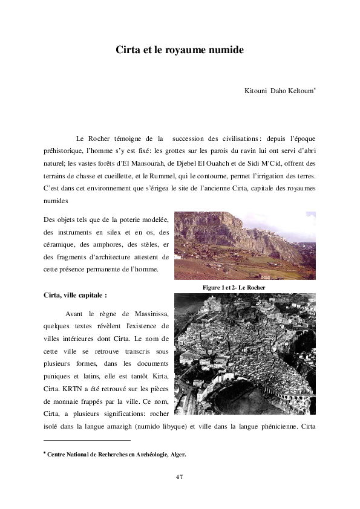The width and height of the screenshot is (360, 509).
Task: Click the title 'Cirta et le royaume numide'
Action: click(180, 50)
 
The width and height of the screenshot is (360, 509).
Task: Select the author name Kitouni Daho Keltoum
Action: click(279, 91)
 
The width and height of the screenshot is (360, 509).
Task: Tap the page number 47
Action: click(180, 477)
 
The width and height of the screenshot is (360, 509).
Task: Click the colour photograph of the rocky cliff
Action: click(244, 245)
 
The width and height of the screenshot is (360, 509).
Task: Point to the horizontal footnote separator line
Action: click(88, 441)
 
